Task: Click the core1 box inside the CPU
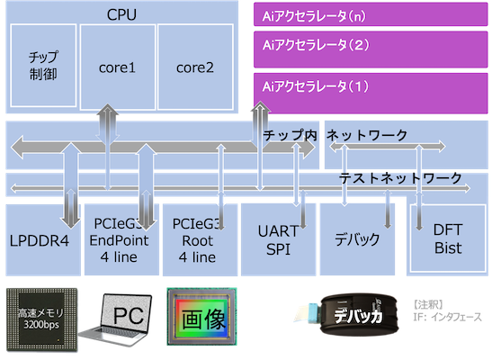pyautogui.click(x=118, y=67)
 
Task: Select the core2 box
pyautogui.click(x=195, y=67)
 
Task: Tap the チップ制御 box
pyautogui.click(x=43, y=66)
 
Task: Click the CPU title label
pyautogui.click(x=121, y=14)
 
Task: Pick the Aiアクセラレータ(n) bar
pyautogui.click(x=371, y=14)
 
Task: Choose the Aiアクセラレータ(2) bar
pyautogui.click(x=371, y=49)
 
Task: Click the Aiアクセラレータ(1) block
pyautogui.click(x=371, y=94)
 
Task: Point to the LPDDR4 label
pyautogui.click(x=40, y=241)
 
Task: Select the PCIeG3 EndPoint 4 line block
pyautogui.click(x=121, y=240)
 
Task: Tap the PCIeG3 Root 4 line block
pyautogui.click(x=200, y=240)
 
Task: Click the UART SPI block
pyautogui.click(x=278, y=240)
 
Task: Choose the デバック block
pyautogui.click(x=357, y=240)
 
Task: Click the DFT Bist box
pyautogui.click(x=448, y=238)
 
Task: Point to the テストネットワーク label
pyautogui.click(x=400, y=178)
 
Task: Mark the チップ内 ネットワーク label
pyautogui.click(x=335, y=135)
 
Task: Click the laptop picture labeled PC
pyautogui.click(x=115, y=319)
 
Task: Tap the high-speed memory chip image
pyautogui.click(x=41, y=319)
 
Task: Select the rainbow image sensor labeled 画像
pyautogui.click(x=201, y=317)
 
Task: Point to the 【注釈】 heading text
pyautogui.click(x=428, y=304)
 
